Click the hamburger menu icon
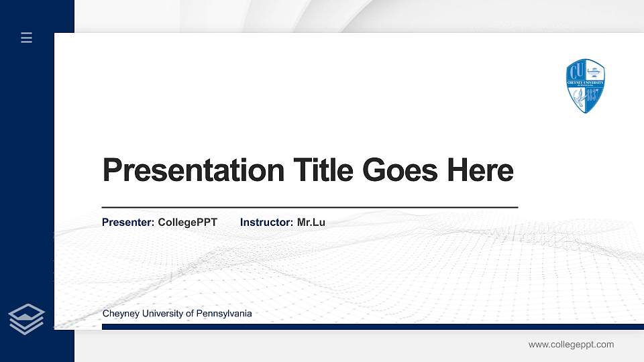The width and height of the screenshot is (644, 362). [x=27, y=38]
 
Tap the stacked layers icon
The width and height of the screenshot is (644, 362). [x=27, y=318]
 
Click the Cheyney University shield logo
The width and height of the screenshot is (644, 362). [x=586, y=86]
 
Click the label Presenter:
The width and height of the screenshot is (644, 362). [x=128, y=222]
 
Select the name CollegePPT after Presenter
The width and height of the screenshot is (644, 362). [x=187, y=222]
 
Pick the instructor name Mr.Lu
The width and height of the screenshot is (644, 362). [x=311, y=222]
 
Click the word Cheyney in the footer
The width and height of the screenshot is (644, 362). [x=119, y=314]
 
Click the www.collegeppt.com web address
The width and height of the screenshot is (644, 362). [x=571, y=345]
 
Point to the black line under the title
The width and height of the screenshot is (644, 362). [x=309, y=208]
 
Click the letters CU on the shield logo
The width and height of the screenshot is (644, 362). [x=576, y=70]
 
